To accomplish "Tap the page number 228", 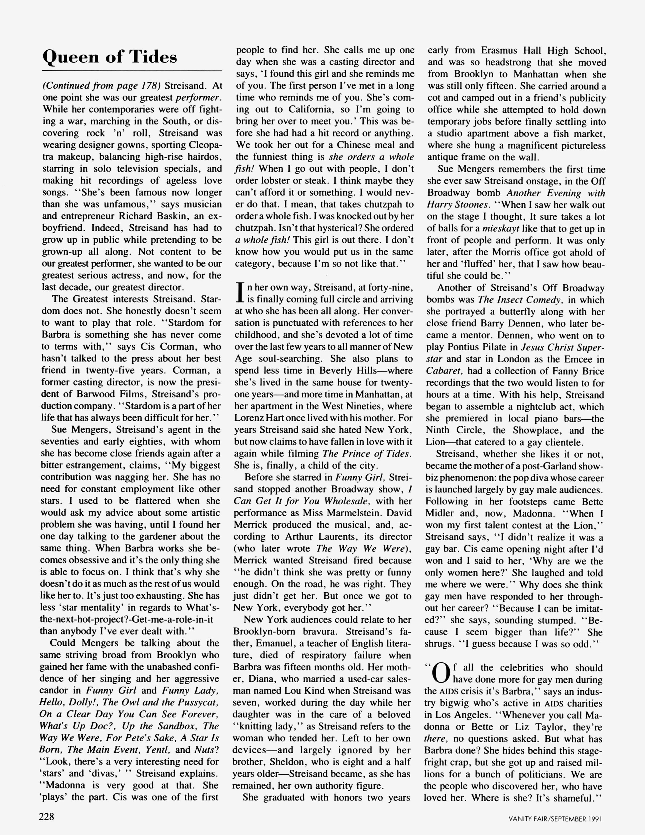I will [x=47, y=817].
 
